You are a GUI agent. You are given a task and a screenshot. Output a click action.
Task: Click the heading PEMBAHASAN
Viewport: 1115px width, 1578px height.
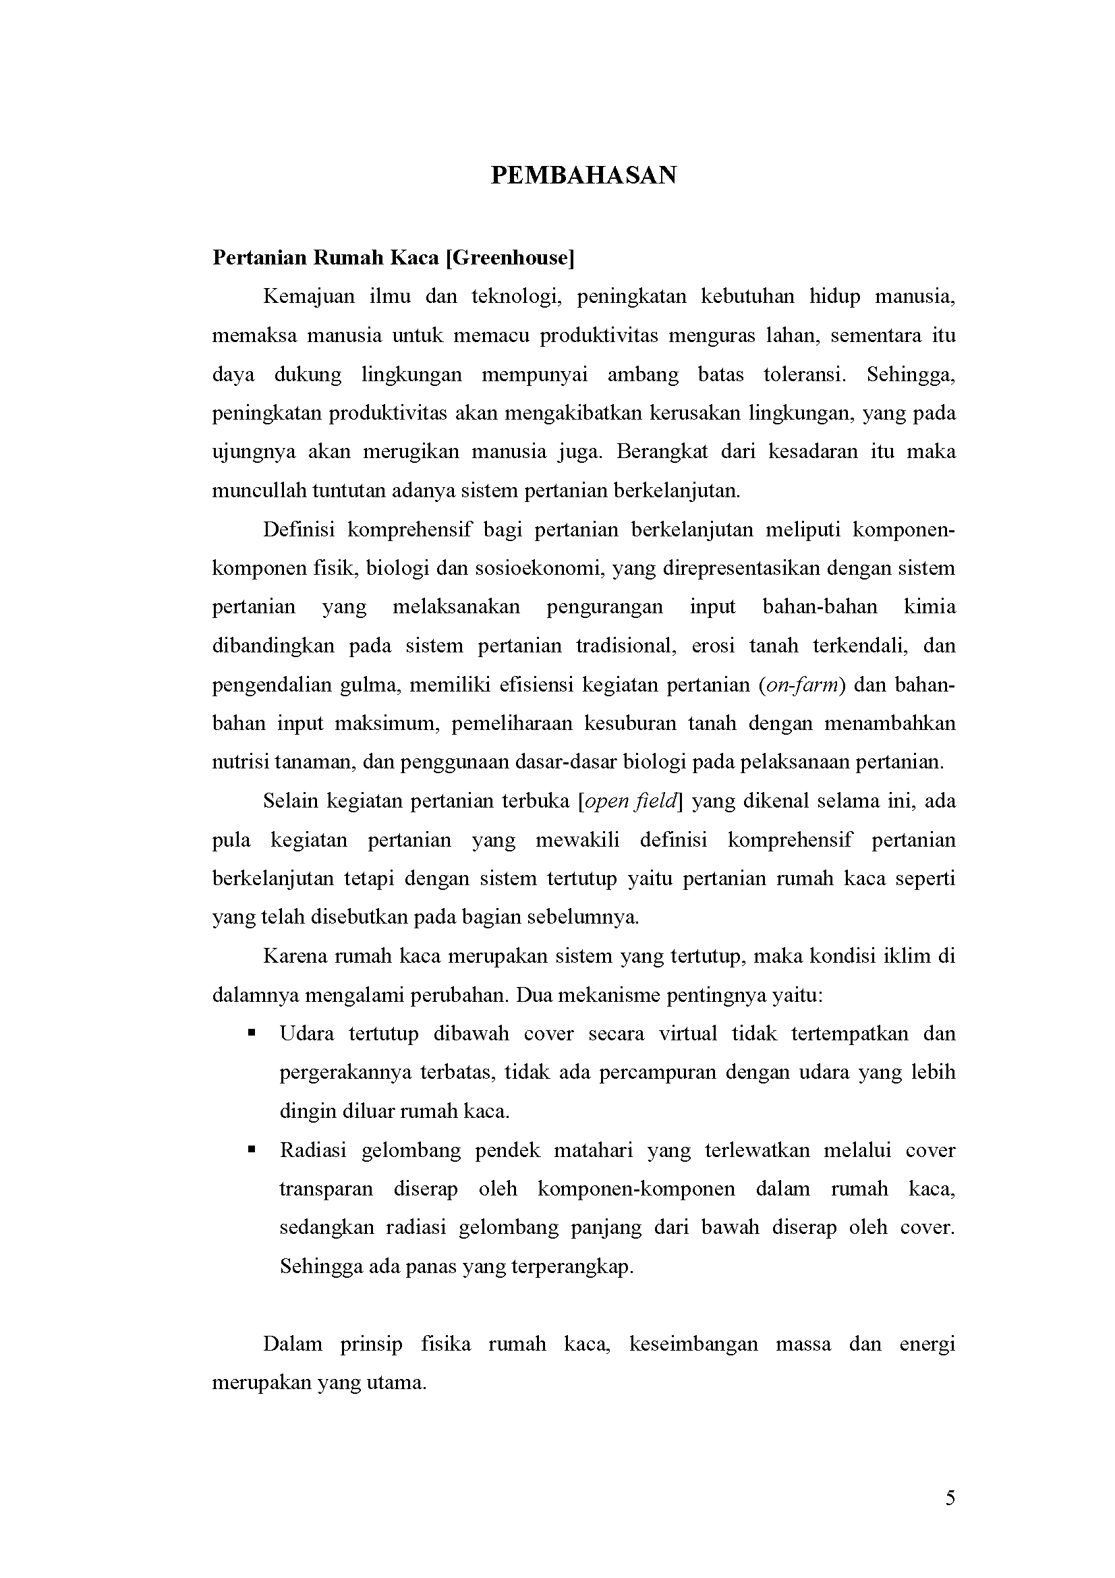point(583,176)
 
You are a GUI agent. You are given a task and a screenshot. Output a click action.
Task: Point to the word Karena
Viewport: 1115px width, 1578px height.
point(295,957)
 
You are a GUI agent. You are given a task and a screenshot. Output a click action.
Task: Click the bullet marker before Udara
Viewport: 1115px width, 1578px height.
point(252,1033)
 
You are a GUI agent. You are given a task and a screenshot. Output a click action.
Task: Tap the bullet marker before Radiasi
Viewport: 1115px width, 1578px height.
point(252,1149)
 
